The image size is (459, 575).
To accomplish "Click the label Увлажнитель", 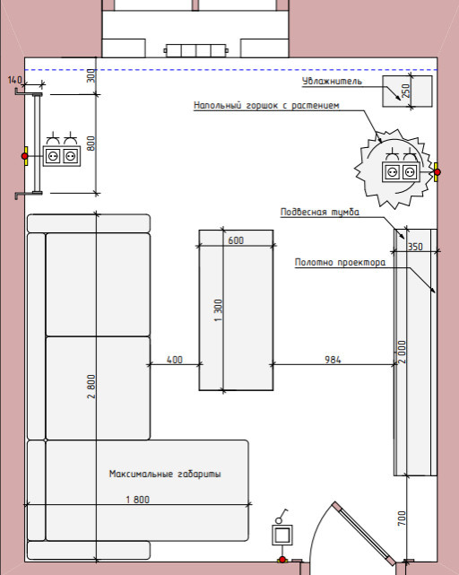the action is (x=333, y=81).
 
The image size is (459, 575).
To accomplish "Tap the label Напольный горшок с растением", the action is (x=266, y=105).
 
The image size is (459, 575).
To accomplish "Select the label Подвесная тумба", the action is (x=320, y=212).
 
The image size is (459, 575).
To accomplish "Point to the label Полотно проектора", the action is (x=341, y=262).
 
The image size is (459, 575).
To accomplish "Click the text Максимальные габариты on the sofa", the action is (x=165, y=474).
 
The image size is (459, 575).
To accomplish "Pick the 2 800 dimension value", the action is (x=91, y=386).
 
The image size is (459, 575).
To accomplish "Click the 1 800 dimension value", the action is (x=137, y=500).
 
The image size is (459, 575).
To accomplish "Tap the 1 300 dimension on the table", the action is (x=218, y=310).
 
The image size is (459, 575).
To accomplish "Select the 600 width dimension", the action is (x=236, y=240).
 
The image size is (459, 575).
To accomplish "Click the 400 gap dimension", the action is (x=175, y=360).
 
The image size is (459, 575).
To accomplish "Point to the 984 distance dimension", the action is (x=333, y=360).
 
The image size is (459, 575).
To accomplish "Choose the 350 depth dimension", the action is (x=415, y=247).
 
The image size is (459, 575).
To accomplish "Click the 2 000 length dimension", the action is (x=402, y=352).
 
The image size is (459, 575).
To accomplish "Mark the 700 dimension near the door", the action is (x=402, y=518).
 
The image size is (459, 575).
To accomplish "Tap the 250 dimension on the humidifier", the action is (x=405, y=91).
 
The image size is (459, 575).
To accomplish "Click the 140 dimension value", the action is (x=15, y=79).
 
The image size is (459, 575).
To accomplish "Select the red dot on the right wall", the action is (x=437, y=171).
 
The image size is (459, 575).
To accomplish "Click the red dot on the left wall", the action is (x=24, y=156).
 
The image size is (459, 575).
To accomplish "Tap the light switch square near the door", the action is (x=281, y=535).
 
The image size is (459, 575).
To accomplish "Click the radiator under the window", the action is (x=195, y=50).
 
